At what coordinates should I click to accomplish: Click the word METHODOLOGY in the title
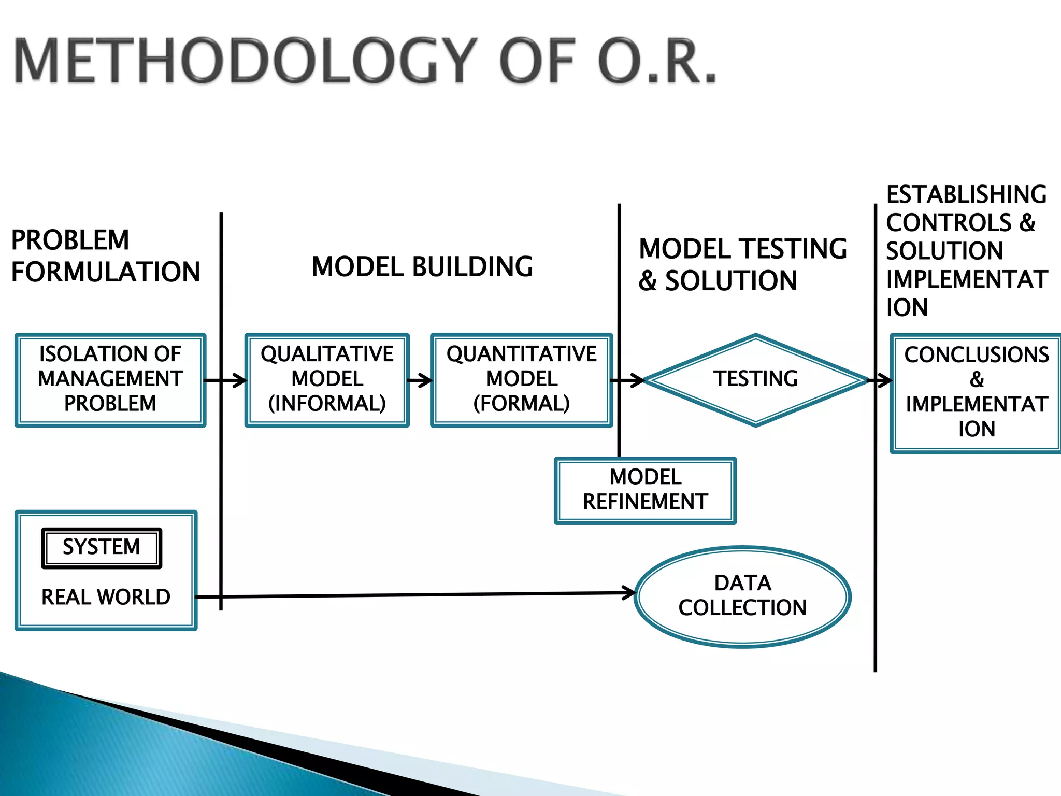[x=243, y=61]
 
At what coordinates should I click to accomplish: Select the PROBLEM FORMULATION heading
[x=105, y=256]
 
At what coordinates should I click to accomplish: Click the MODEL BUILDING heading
[x=422, y=267]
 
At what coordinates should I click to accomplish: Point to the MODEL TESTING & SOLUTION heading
[x=742, y=265]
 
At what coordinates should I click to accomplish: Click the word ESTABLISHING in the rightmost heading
[x=966, y=195]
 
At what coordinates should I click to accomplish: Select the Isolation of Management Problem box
[x=110, y=380]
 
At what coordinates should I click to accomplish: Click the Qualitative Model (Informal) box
[x=327, y=380]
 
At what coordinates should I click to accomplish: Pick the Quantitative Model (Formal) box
[x=521, y=380]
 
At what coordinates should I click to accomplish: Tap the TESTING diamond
[x=755, y=380]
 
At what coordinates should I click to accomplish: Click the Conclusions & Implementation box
[x=976, y=393]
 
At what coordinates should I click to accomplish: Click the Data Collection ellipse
[x=742, y=596]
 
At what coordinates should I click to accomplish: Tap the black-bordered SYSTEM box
[x=102, y=548]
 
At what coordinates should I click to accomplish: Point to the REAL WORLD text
[x=106, y=597]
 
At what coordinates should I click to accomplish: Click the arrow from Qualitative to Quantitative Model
[x=420, y=381]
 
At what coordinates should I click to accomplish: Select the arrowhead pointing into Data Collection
[x=629, y=593]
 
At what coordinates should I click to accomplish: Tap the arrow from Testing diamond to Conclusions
[x=880, y=381]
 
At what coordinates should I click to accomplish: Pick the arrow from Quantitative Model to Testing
[x=628, y=381]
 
